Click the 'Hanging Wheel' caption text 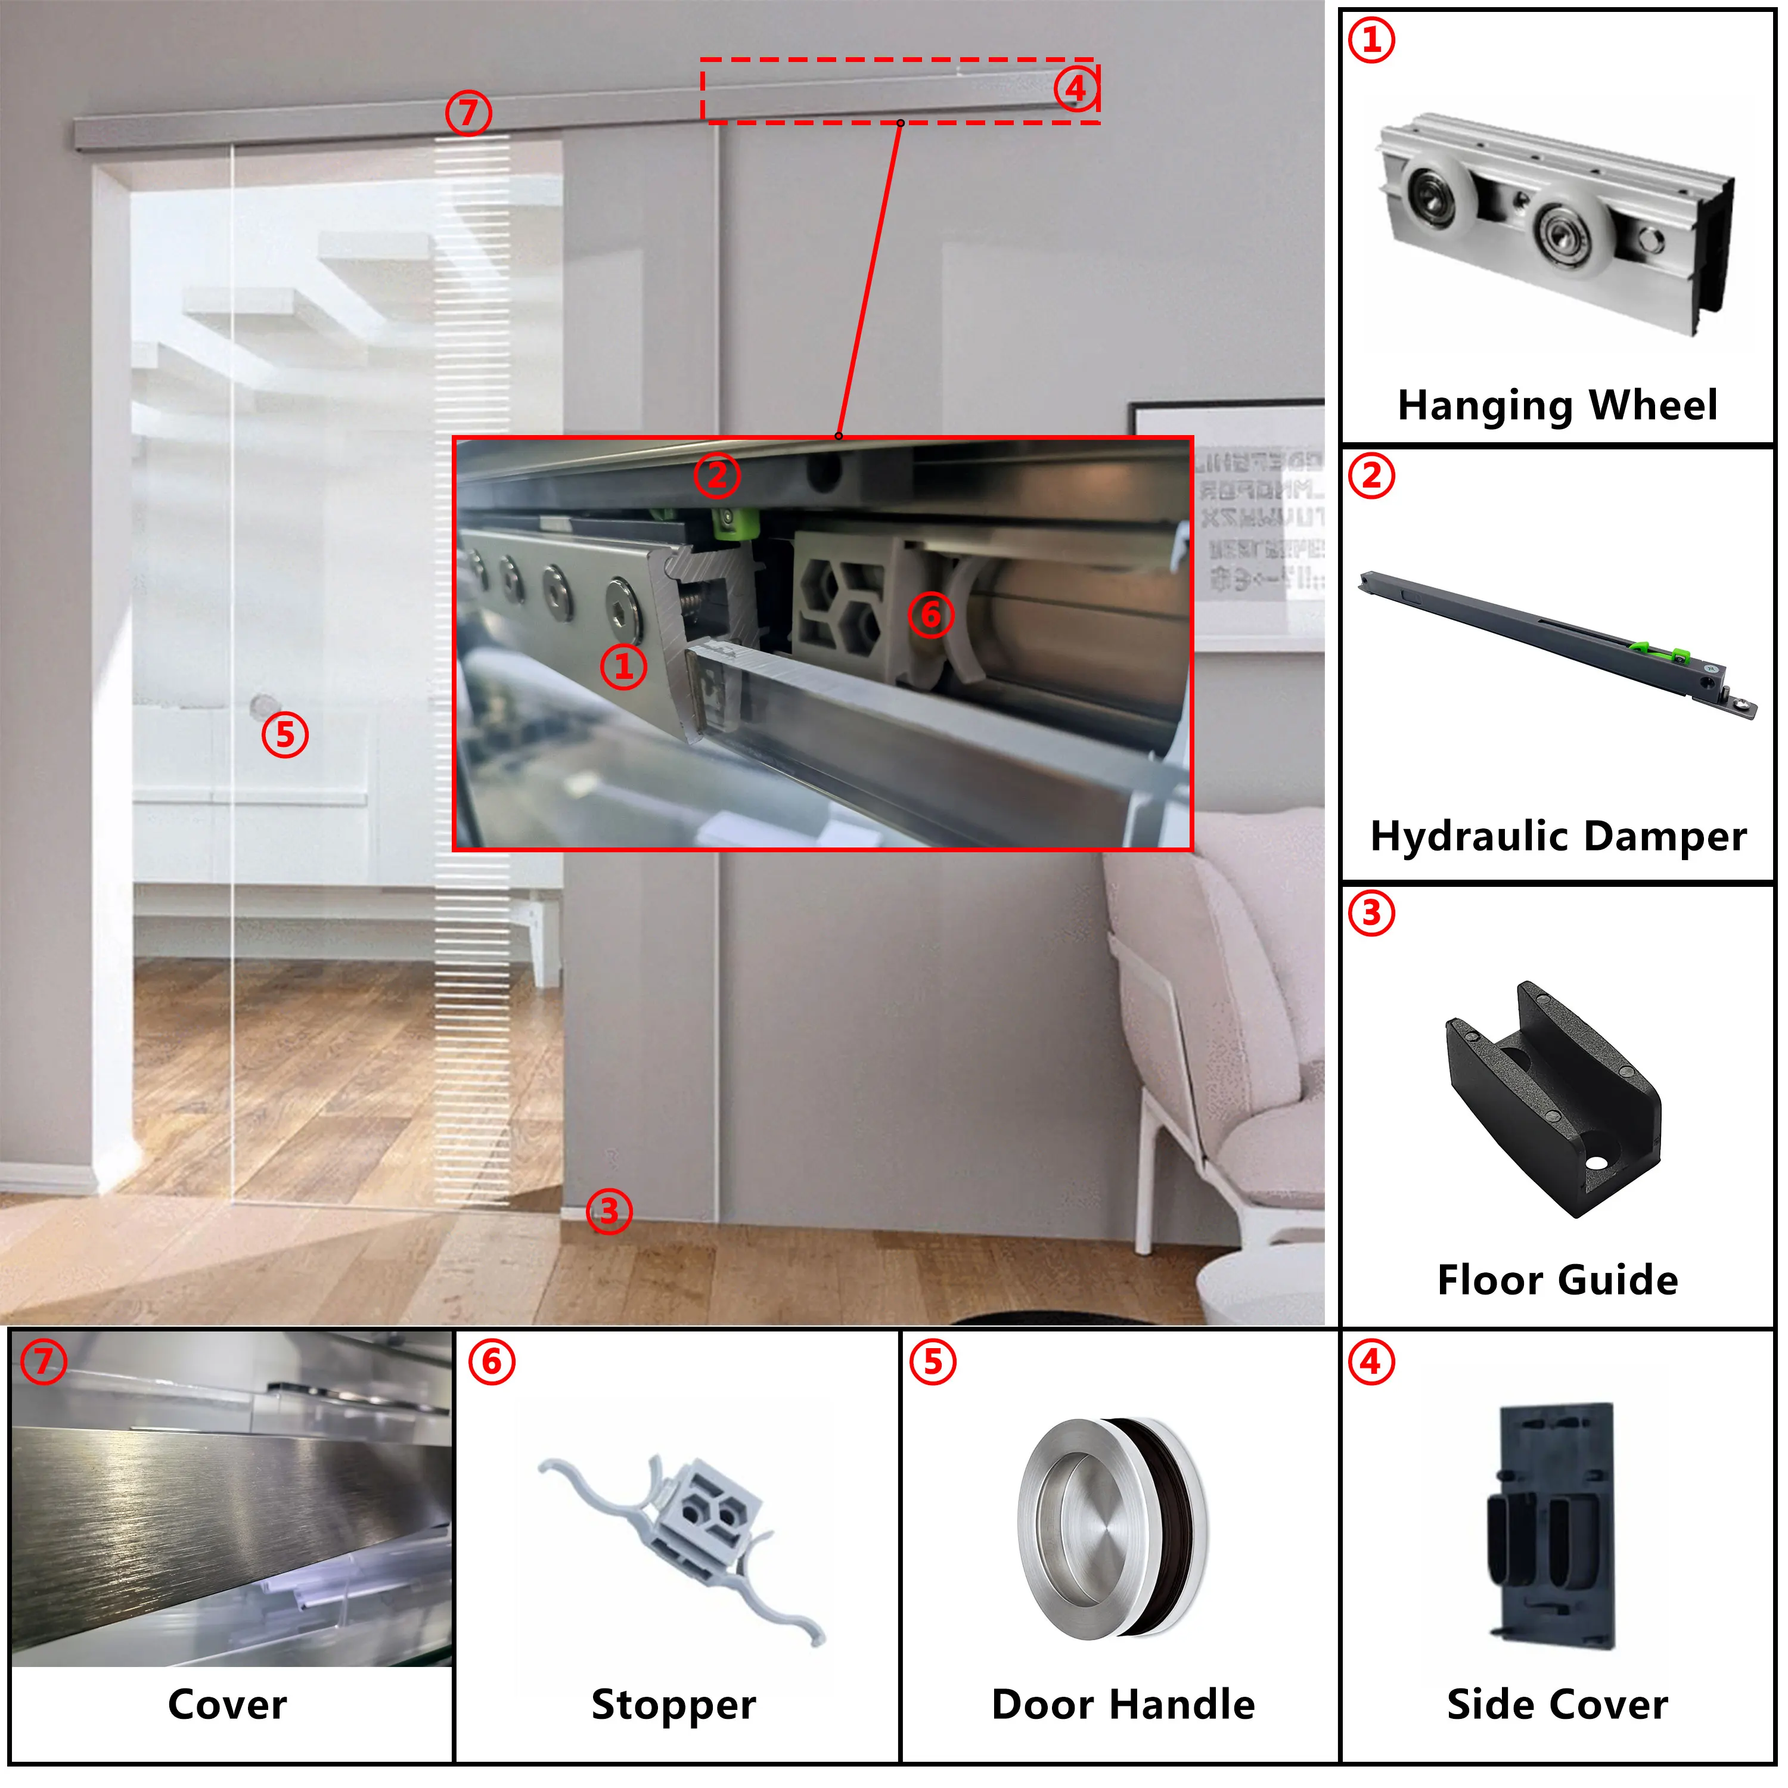1557,405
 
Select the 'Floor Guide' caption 1557,1280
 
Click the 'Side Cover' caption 1557,1704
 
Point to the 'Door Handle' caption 1123,1704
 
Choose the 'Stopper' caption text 673,1704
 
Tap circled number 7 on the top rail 468,113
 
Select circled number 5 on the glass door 285,735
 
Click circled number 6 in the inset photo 930,614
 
